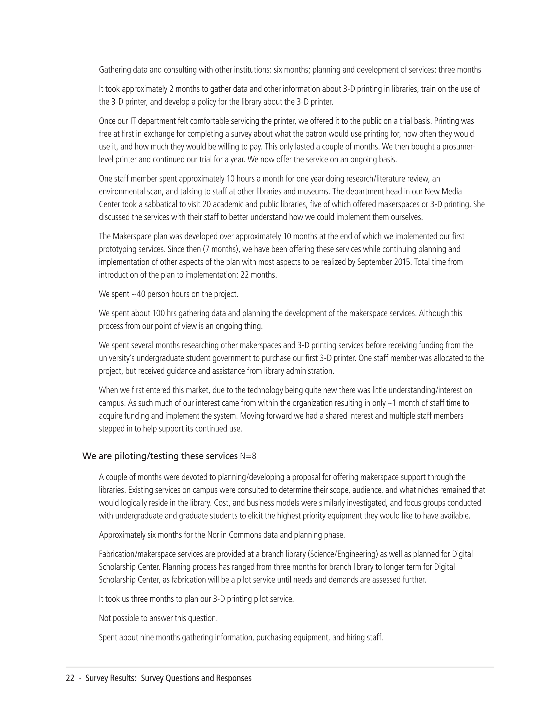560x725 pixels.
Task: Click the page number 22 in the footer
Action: point(70,678)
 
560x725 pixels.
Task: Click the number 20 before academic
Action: point(207,204)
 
